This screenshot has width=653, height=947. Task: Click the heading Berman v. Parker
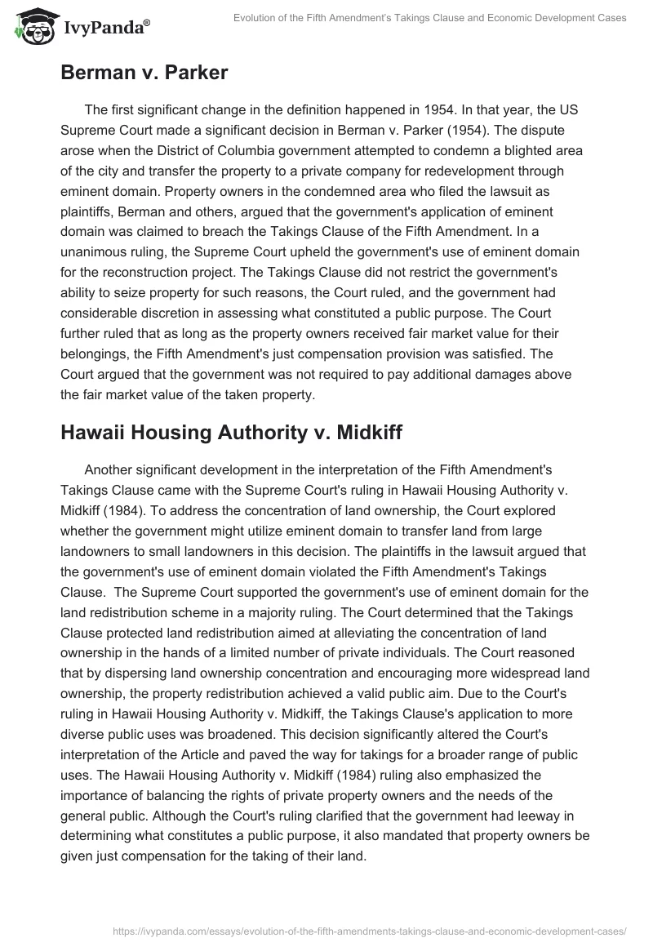pos(144,72)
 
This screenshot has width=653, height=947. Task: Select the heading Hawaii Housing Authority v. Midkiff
pos(231,432)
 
